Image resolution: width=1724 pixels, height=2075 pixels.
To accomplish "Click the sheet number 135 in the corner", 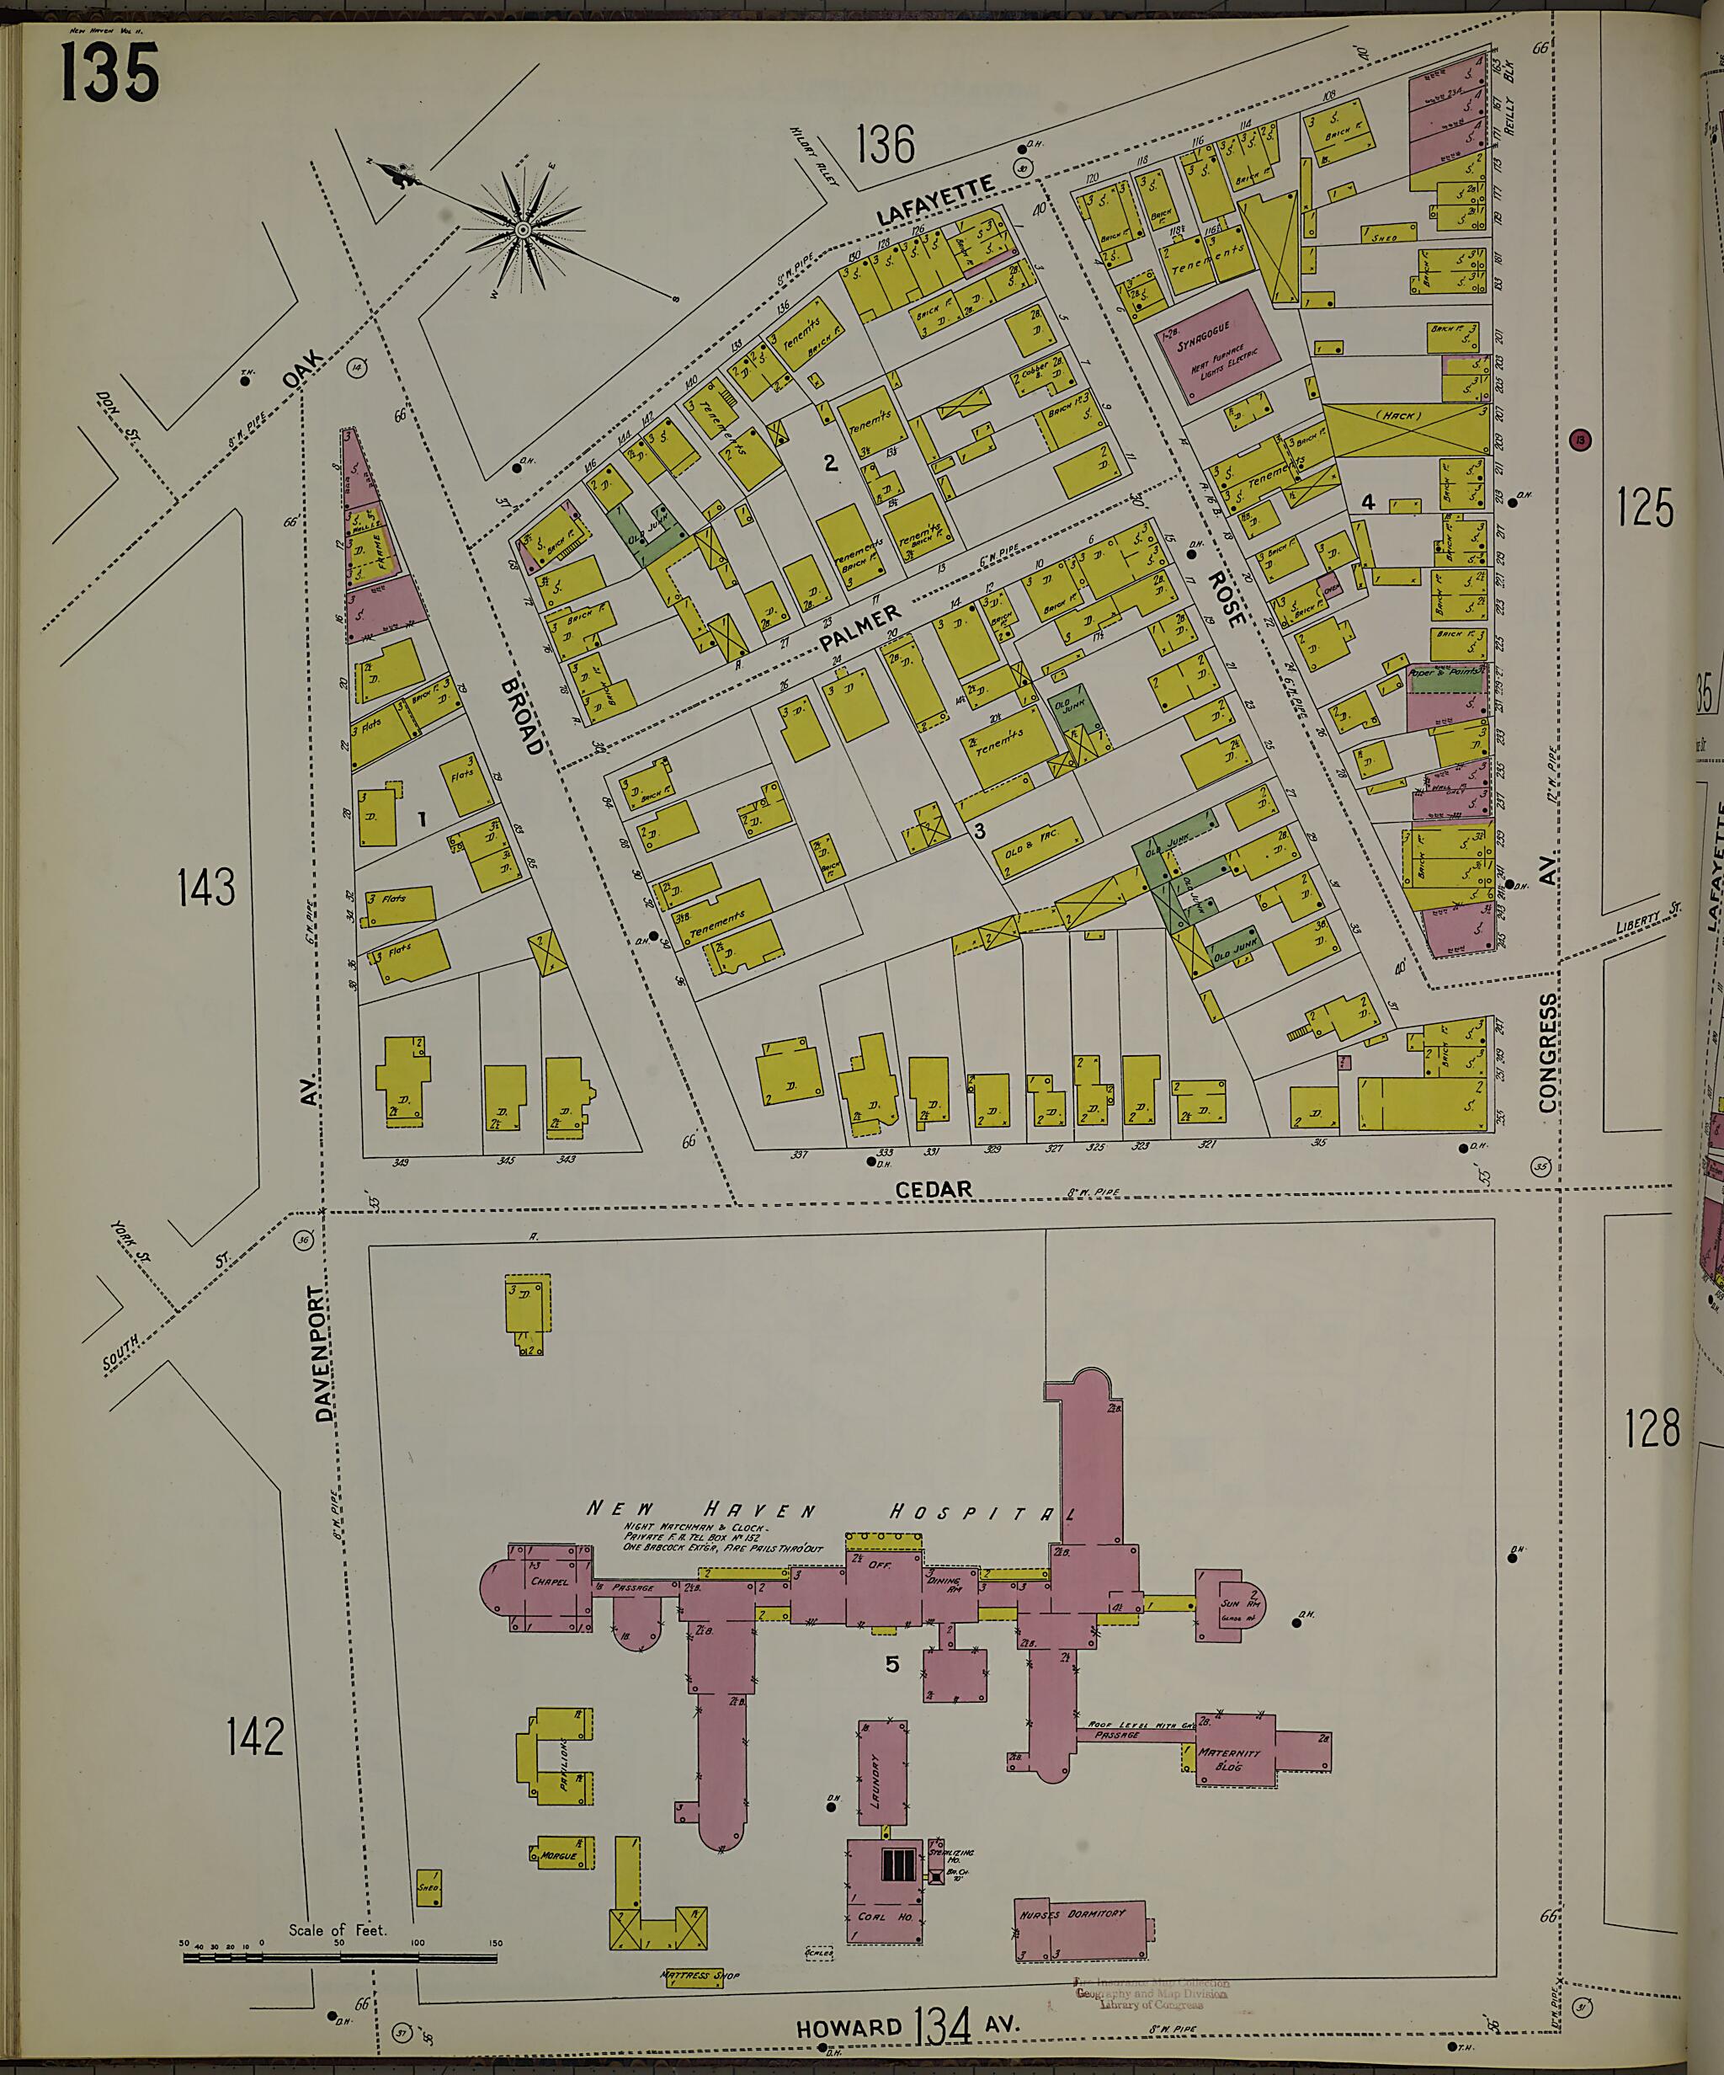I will pyautogui.click(x=109, y=74).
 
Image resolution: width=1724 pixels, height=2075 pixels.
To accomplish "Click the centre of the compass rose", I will pyautogui.click(x=523, y=230).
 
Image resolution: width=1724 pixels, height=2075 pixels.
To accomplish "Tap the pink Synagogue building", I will pyautogui.click(x=1218, y=347).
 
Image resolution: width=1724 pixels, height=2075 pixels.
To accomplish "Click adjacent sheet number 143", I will pyautogui.click(x=206, y=886).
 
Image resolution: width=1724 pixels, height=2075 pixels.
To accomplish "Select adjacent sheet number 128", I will pyautogui.click(x=1652, y=1427).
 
